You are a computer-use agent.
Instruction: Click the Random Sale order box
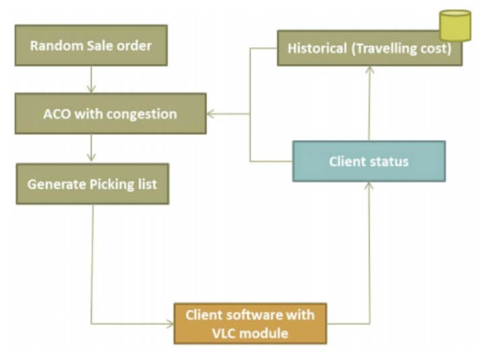pos(91,46)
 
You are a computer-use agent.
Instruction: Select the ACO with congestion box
pos(111,113)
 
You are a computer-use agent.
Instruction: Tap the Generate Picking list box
pos(92,183)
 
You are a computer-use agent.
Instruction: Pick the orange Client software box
pos(250,323)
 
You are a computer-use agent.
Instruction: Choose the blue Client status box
pos(369,161)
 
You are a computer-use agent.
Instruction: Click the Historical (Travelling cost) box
pos(369,49)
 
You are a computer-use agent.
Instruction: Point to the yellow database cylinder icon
pos(455,25)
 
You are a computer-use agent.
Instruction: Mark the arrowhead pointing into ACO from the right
pos(211,113)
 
